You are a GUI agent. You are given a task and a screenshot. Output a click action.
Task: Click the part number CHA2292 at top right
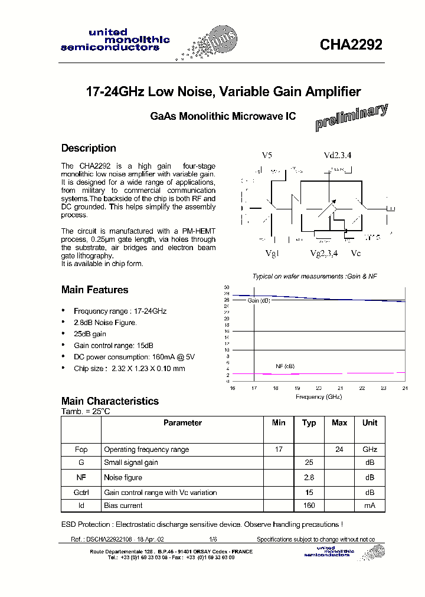[x=351, y=45]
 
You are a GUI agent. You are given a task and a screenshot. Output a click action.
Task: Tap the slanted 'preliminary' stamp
[x=351, y=117]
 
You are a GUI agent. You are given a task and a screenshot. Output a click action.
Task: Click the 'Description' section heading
[x=89, y=148]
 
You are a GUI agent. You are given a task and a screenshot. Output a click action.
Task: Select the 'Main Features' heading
[x=94, y=290]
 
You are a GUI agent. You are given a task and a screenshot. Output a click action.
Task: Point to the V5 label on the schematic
[x=267, y=155]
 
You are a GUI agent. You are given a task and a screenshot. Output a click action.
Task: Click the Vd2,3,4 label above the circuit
[x=337, y=155]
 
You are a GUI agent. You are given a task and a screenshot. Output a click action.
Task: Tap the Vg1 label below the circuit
[x=272, y=252]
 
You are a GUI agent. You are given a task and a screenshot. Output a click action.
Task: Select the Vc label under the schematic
[x=355, y=252]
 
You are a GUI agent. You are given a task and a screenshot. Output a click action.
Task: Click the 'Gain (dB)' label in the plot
[x=259, y=300]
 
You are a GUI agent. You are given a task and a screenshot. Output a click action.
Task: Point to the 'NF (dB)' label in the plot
[x=285, y=366]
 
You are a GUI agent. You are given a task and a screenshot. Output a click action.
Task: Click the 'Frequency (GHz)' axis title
[x=318, y=397]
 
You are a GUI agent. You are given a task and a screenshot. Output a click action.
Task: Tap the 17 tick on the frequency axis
[x=254, y=388]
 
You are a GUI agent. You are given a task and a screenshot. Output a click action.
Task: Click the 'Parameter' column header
[x=182, y=423]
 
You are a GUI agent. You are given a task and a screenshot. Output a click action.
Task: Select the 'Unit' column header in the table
[x=370, y=423]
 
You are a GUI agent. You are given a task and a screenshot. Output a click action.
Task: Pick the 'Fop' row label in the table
[x=81, y=450]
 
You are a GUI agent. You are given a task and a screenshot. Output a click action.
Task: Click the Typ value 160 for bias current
[x=309, y=506]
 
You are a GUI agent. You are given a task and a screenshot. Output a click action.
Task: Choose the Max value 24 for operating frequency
[x=339, y=450]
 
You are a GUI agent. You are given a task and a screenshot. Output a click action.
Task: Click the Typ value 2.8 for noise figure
[x=309, y=477]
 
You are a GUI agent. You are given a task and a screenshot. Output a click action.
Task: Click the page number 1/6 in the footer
[x=213, y=540]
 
